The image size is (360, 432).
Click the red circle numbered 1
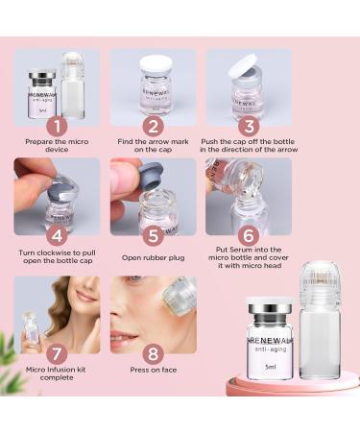[x=57, y=125]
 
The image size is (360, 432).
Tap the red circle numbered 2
[x=153, y=125]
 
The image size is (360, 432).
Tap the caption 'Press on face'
[x=153, y=375]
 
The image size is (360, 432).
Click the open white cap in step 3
[x=246, y=65]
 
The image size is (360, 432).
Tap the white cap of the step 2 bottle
[x=154, y=65]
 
